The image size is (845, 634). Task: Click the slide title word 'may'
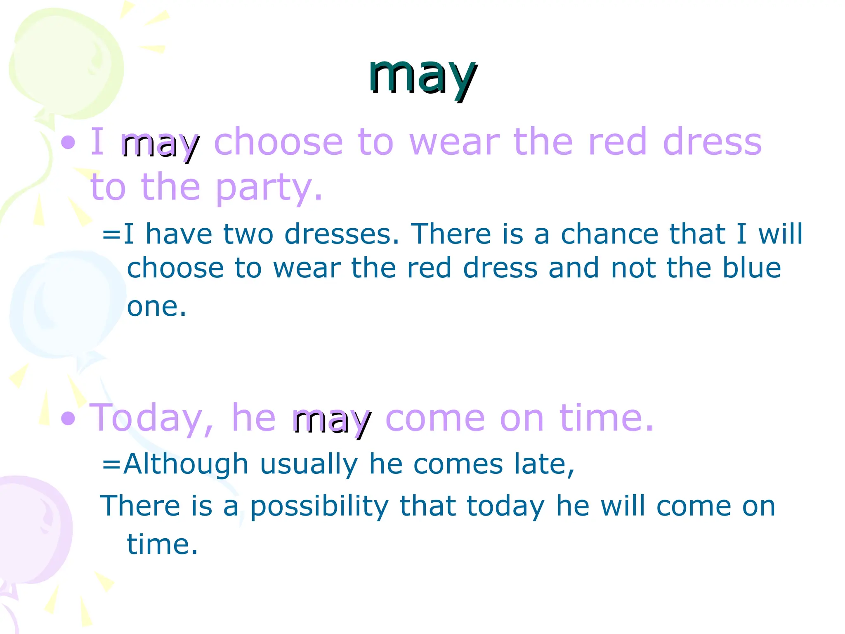[x=422, y=76]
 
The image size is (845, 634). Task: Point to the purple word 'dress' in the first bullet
[x=712, y=142]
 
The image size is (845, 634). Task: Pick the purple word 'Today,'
[x=152, y=419]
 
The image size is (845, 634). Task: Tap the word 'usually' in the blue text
[x=309, y=465]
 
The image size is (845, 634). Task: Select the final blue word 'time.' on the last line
[x=162, y=544]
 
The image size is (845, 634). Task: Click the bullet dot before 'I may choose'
[x=68, y=143]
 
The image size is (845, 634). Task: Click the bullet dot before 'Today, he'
[x=68, y=419]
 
